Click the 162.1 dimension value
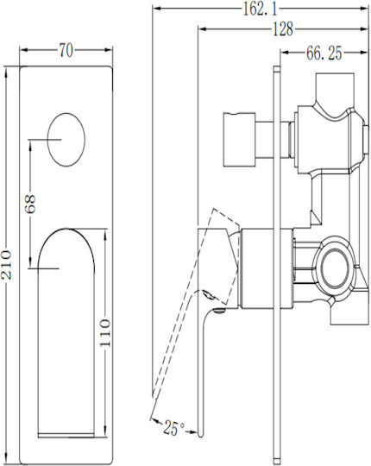coord(260,9)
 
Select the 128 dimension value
coord(283,29)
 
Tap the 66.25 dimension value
coord(324,54)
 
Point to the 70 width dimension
coord(66,50)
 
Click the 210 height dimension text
coord(7,265)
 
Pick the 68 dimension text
coord(30,204)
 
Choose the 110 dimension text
coord(105,332)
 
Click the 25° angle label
coord(173,428)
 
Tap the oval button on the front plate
coord(66,140)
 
